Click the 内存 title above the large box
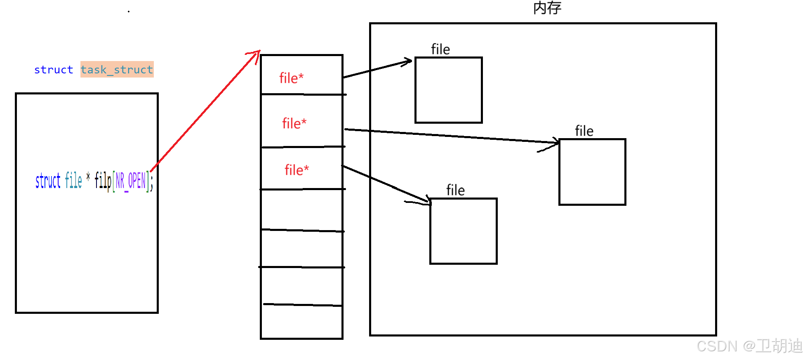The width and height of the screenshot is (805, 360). click(x=547, y=8)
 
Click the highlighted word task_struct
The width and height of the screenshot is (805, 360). click(x=117, y=70)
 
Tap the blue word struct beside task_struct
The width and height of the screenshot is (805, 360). click(x=54, y=70)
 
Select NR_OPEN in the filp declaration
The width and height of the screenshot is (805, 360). click(x=131, y=181)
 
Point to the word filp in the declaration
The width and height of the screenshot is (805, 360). click(x=103, y=181)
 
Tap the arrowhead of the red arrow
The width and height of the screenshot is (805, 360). click(x=257, y=54)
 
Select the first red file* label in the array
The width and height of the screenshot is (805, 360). click(x=291, y=78)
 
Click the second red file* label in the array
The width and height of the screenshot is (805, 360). click(x=294, y=123)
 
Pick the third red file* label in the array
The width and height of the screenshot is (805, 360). click(x=297, y=170)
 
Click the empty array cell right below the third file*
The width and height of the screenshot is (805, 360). click(x=302, y=209)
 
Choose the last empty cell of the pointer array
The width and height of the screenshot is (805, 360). click(x=302, y=322)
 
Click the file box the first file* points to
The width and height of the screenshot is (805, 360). click(x=448, y=90)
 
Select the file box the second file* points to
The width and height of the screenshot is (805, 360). click(x=592, y=172)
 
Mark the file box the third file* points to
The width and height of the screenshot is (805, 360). click(x=463, y=231)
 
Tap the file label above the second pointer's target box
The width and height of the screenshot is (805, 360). click(x=584, y=131)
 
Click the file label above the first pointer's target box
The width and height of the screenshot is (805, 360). click(x=440, y=49)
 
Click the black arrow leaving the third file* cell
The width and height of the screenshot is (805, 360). click(x=386, y=184)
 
